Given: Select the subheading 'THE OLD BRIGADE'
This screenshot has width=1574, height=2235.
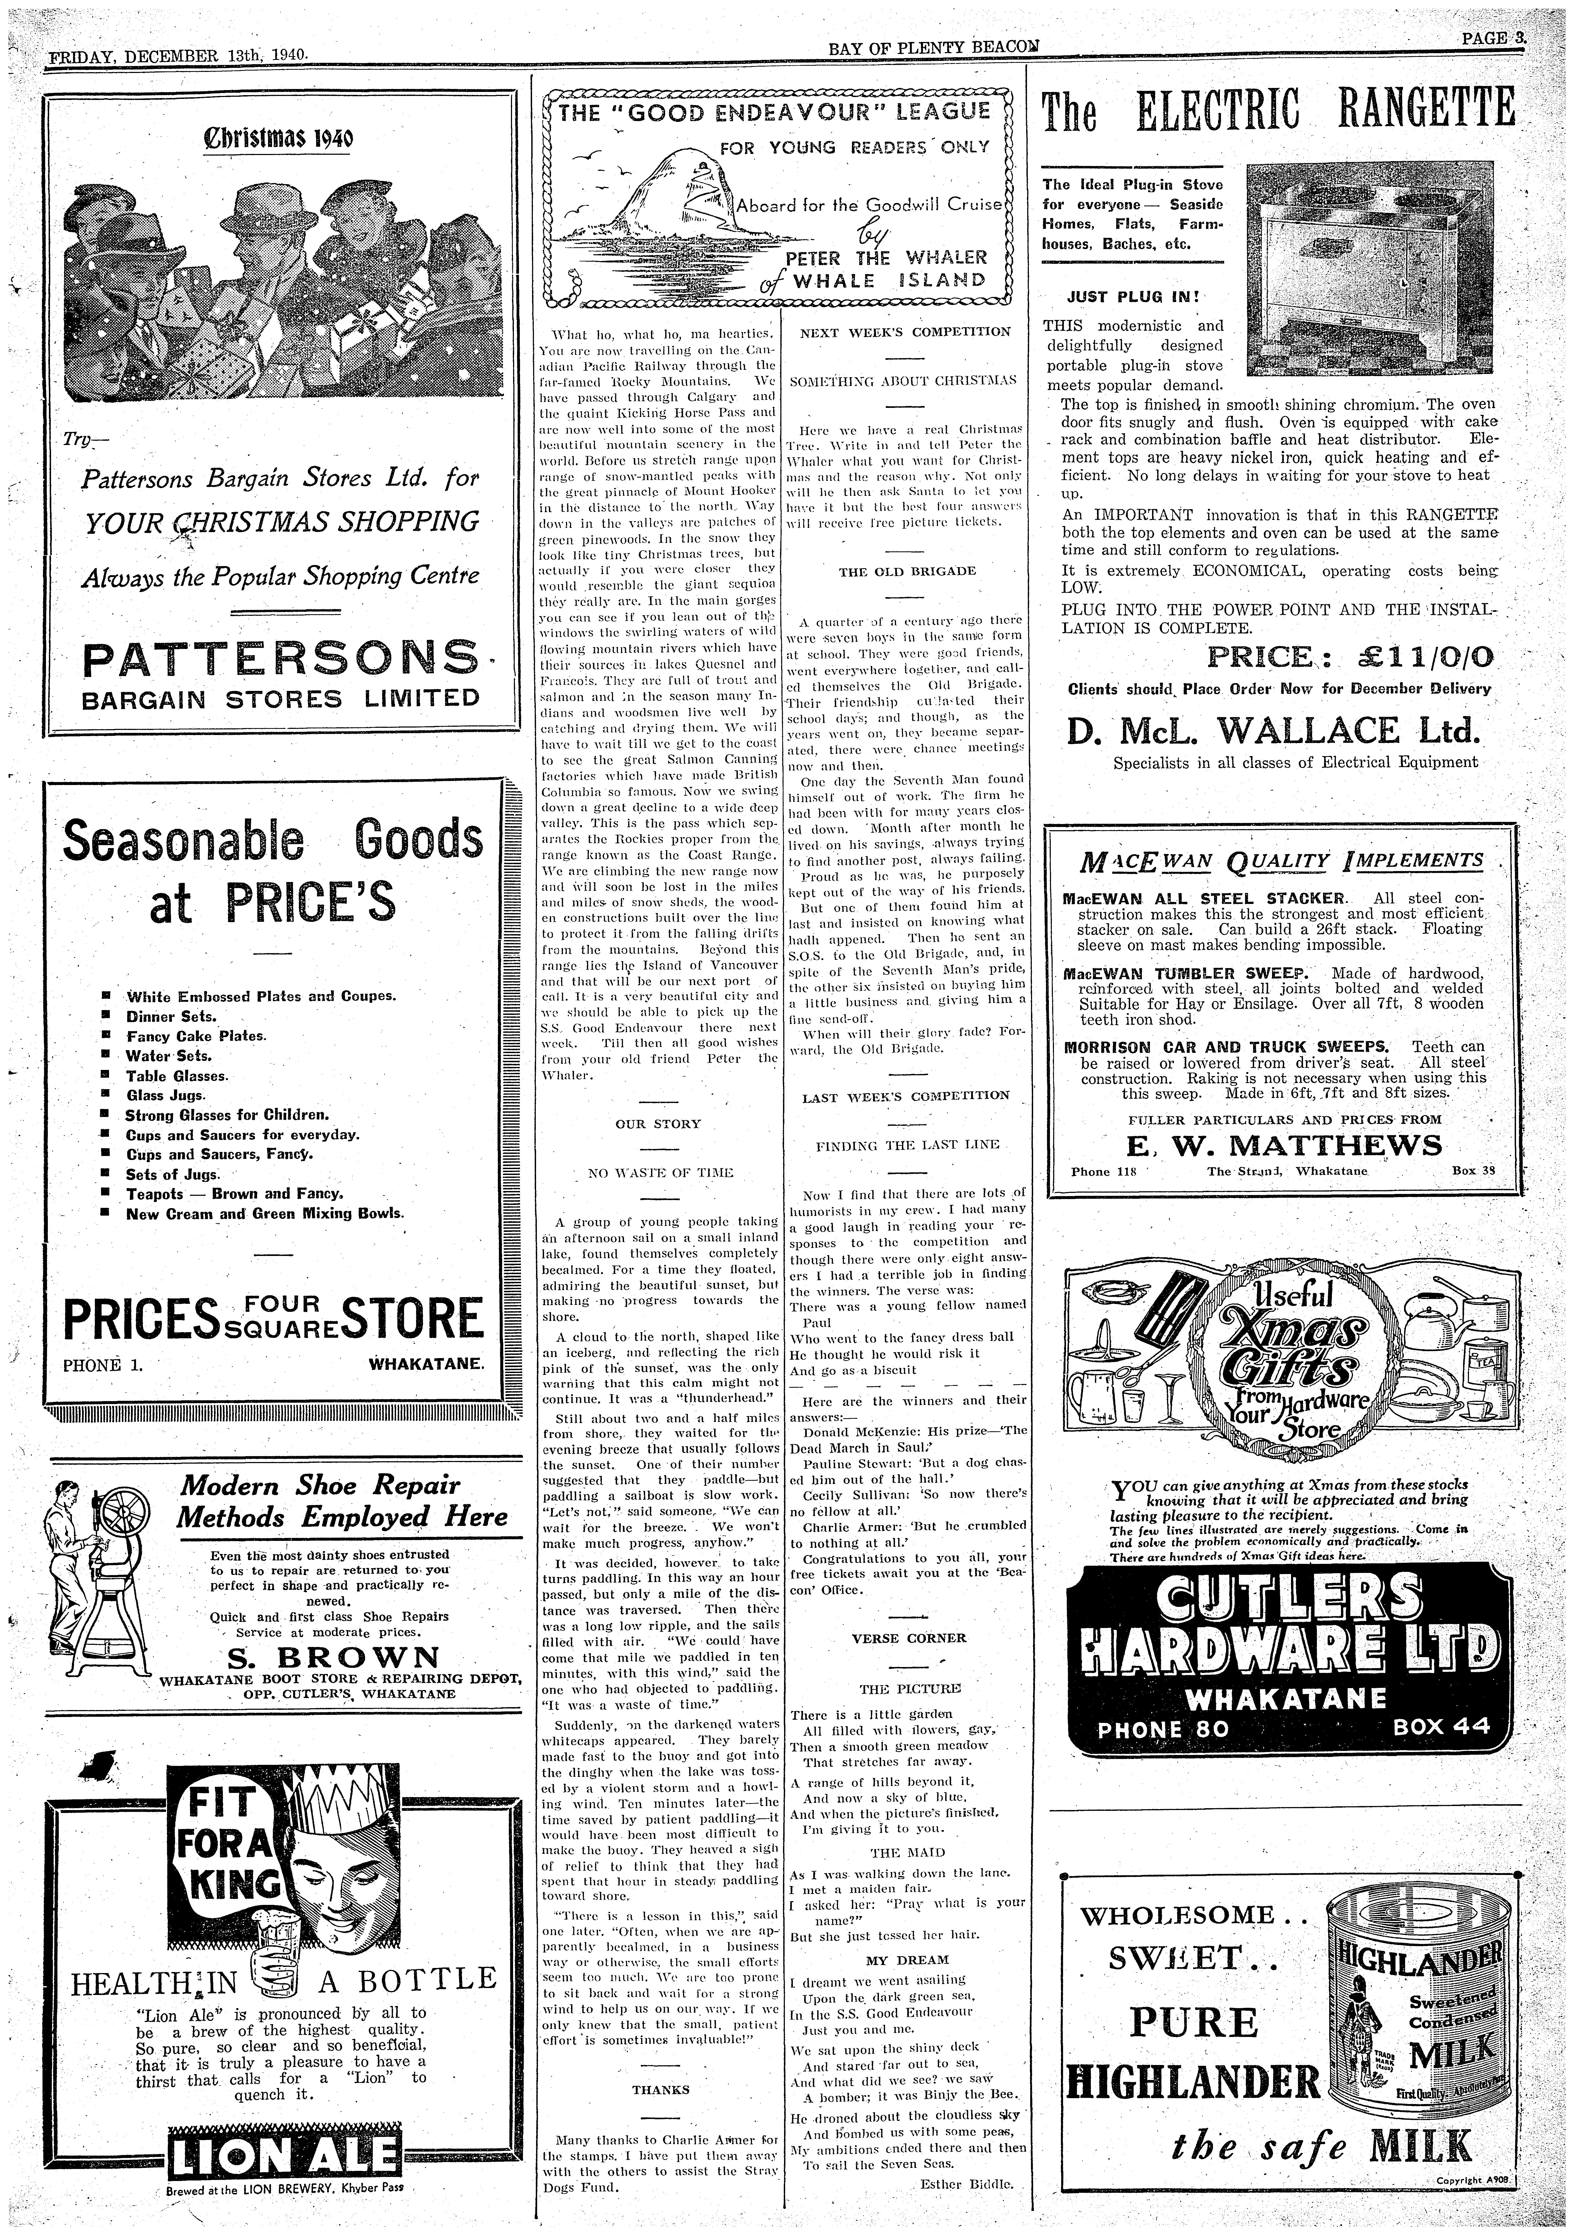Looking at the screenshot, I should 907,570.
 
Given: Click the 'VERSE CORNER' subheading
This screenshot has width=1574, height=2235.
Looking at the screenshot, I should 908,1637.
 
